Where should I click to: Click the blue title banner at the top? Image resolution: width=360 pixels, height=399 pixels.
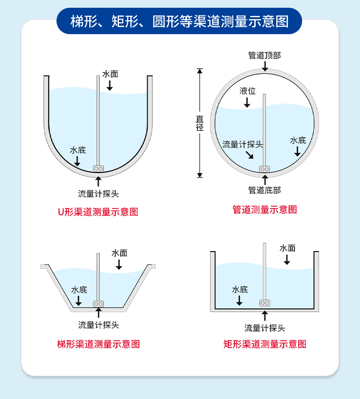coord(179,21)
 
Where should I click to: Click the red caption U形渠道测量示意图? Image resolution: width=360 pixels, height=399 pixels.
coord(98,212)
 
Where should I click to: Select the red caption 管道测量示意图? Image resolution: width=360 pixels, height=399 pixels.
coord(265,210)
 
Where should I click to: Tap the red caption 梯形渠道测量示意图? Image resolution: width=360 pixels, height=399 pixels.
coord(98,344)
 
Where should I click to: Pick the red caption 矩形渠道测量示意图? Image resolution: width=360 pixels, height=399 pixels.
coord(265,344)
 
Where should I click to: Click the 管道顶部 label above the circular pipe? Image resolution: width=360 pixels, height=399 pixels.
coord(264,55)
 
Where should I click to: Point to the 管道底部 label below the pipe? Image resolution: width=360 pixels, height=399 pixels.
coord(264,190)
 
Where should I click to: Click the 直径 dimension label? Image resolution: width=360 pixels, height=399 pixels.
coord(200,123)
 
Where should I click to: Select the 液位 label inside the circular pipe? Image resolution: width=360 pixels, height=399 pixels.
coord(247,91)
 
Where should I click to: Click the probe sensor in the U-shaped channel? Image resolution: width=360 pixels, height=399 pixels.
coord(98,169)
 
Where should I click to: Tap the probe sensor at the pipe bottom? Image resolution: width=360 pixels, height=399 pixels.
coord(264,169)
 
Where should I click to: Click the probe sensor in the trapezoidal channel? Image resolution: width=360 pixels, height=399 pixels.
coord(98,304)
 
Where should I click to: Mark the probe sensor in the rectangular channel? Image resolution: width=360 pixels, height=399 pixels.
coord(265,303)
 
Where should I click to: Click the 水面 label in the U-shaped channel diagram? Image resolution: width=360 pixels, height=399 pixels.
coord(110,74)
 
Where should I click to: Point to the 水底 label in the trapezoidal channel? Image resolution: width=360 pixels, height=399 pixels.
coord(79,290)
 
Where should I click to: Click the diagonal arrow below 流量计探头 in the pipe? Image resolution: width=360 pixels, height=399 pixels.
coord(250,155)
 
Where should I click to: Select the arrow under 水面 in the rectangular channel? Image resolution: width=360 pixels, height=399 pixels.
coord(287,260)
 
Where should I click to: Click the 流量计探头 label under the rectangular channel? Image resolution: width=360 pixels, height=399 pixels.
coord(265,328)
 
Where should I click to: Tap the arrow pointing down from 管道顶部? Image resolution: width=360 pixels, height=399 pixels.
coord(265,66)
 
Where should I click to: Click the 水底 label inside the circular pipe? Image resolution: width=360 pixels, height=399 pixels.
coord(298,140)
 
